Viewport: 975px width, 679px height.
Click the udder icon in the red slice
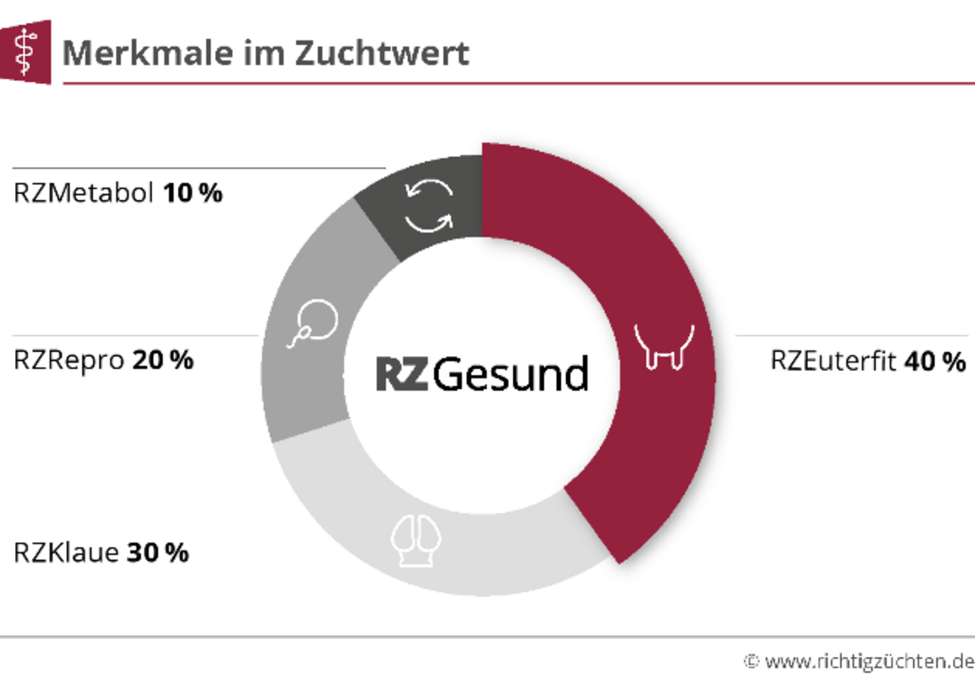[x=663, y=346]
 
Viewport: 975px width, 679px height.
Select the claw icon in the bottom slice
[x=416, y=541]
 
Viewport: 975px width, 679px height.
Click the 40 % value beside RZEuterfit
[x=935, y=362]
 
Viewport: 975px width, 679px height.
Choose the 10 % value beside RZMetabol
[x=193, y=194]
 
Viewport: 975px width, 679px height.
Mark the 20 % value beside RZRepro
[x=163, y=360]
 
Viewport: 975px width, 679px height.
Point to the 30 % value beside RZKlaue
[x=158, y=553]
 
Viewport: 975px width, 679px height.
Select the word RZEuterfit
[x=833, y=362]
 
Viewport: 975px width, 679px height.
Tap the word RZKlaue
[x=67, y=553]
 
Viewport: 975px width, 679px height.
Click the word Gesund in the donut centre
[x=511, y=374]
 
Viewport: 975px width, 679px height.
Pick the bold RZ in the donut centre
[x=402, y=374]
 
